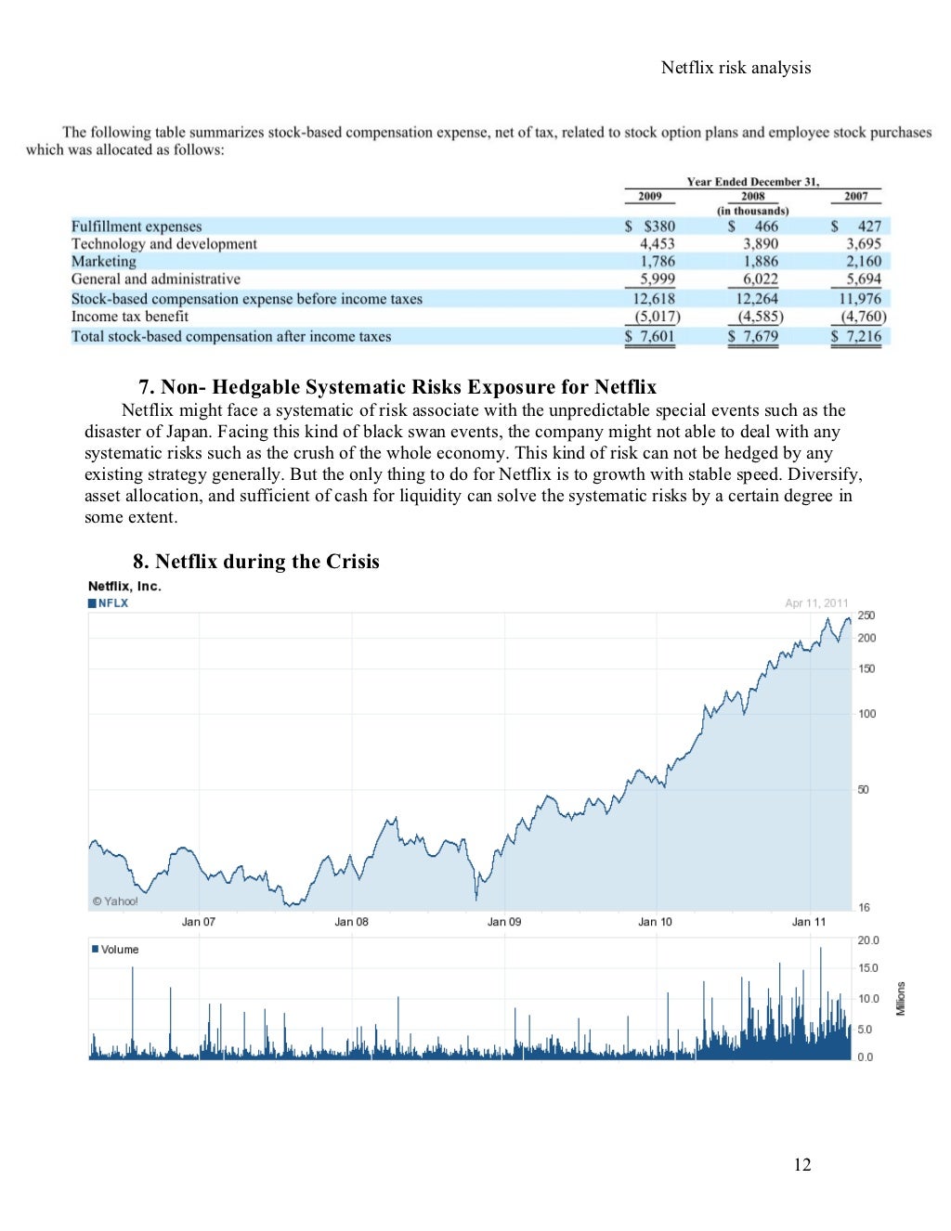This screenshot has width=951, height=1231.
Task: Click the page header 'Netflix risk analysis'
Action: click(736, 68)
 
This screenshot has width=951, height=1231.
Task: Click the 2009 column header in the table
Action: click(650, 196)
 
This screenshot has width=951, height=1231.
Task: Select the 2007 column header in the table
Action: click(855, 196)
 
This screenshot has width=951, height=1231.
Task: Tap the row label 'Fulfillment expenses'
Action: click(137, 227)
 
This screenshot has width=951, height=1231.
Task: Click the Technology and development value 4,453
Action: click(658, 244)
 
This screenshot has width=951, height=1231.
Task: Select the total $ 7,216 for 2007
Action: click(856, 336)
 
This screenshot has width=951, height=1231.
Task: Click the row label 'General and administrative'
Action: click(156, 279)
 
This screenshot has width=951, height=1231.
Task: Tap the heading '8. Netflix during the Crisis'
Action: click(256, 562)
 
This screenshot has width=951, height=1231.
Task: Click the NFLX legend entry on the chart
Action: click(109, 603)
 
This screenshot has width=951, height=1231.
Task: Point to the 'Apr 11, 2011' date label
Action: click(816, 603)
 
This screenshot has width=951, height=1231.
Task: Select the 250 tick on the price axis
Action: click(866, 615)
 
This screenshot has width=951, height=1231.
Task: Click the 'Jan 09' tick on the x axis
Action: click(504, 922)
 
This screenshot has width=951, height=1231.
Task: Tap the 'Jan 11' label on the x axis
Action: click(808, 922)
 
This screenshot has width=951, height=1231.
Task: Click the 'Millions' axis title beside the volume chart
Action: click(900, 998)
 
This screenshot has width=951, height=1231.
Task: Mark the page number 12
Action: click(802, 1165)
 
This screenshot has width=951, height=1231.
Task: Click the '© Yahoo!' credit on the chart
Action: click(115, 901)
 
